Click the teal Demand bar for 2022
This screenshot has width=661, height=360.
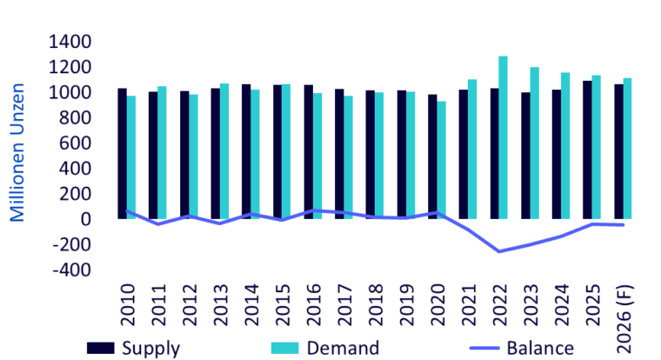click(503, 137)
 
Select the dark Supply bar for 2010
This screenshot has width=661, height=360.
click(123, 153)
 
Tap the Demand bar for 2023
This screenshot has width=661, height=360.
click(534, 143)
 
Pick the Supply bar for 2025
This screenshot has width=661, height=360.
click(587, 150)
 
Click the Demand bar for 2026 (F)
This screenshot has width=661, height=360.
click(627, 149)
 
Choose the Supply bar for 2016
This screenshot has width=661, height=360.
click(309, 152)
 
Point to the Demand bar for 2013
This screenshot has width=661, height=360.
click(224, 151)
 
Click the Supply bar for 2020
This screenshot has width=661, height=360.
click(432, 157)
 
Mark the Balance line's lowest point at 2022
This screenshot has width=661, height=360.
click(499, 251)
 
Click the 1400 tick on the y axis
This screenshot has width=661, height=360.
click(70, 42)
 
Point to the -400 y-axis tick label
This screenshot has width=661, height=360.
click(71, 270)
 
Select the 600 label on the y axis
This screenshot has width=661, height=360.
click(75, 143)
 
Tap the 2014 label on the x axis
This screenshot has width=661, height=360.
click(251, 304)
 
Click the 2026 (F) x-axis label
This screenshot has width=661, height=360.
click(624, 319)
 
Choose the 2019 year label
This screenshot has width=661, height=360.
click(406, 304)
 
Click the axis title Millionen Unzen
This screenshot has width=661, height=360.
click(17, 152)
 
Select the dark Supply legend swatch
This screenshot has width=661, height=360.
click(101, 348)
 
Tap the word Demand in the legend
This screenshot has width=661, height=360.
click(344, 348)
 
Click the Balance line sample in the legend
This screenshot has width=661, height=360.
click(484, 348)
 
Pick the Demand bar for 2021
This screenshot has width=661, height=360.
click(472, 150)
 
